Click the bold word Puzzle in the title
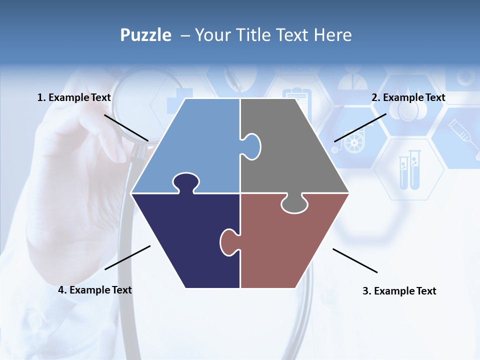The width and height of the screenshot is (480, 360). point(145,35)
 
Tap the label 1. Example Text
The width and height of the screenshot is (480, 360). point(74,97)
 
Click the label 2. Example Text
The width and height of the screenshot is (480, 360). point(408,97)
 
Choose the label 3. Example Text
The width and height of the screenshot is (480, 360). point(399,291)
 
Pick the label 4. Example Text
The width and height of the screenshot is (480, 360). point(95,290)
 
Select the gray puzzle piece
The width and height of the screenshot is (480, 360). point(295,150)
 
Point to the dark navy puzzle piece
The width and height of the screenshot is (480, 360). point(185,240)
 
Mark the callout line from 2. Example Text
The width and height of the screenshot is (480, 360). point(360,127)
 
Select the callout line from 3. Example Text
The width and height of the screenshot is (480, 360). point(355,260)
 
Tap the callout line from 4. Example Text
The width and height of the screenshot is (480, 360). point(127,257)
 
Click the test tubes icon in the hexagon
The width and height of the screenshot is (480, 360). point(409,170)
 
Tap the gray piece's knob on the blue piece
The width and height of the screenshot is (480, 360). point(251,146)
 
